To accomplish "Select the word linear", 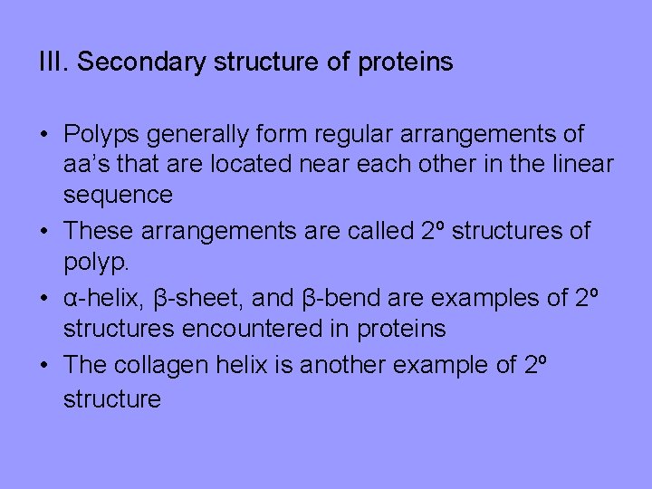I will point(581,165).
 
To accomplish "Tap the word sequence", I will point(118,196).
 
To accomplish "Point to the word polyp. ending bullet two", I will point(96,264).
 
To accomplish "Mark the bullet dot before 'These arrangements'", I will point(43,231).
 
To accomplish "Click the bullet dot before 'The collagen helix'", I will point(43,365).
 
